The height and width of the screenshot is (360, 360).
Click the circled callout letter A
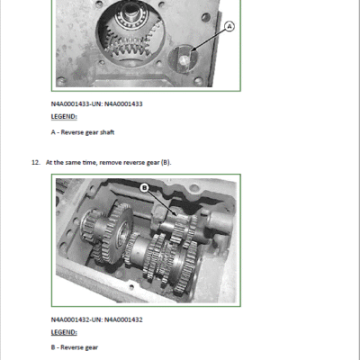pos(229,27)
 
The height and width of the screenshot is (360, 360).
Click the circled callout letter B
pos(145,188)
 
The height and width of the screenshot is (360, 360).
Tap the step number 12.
pos(35,163)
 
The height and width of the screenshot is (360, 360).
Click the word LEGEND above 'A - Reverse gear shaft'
pos(64,117)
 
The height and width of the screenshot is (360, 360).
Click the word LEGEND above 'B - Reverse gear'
pos(64,332)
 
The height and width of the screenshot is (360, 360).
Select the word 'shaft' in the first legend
pos(107,132)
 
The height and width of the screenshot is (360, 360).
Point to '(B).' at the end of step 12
pos(166,163)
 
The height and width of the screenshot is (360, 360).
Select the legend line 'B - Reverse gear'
pos(75,347)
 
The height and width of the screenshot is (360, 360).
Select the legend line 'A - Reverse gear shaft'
pos(83,132)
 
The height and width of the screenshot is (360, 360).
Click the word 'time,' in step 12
pos(90,163)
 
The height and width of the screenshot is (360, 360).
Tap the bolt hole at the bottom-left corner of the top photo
pos(61,81)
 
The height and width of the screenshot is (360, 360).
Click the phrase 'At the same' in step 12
pos(63,163)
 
